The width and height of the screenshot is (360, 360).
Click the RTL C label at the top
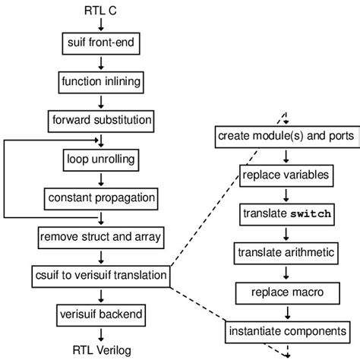pos(99,11)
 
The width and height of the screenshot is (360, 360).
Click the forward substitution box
pos(99,119)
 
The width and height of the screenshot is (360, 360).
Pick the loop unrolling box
pos(99,159)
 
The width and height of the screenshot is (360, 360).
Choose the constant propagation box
pos(99,198)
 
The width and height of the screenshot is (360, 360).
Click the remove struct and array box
pos(99,238)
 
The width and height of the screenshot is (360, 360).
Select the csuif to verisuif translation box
pos(99,274)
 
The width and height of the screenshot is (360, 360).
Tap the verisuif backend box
pos(99,313)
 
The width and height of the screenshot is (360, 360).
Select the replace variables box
pos(286,175)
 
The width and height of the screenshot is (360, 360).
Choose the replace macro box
pos(286,292)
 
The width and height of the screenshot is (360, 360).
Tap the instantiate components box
pos(286,331)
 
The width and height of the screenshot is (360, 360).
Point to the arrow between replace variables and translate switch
pos(286,194)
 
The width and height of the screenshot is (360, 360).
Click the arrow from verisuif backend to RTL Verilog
pos(99,331)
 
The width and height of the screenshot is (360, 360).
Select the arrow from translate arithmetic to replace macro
pos(286,272)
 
